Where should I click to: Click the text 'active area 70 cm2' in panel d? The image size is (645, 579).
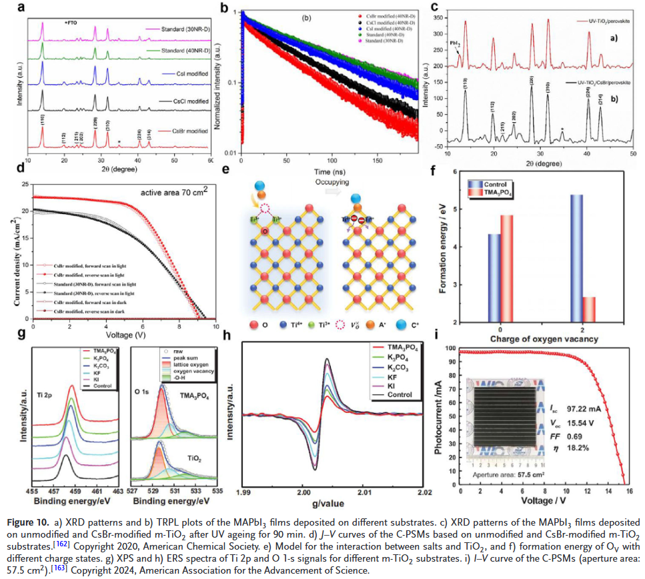pos(174,193)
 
